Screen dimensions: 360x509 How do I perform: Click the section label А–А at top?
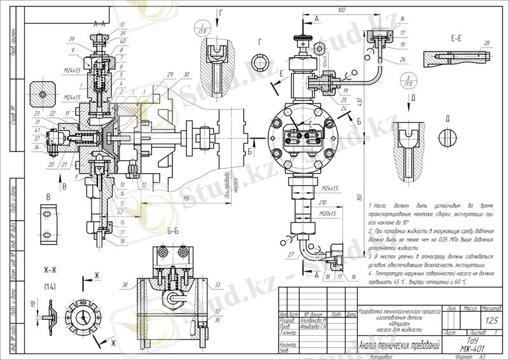point(99,23)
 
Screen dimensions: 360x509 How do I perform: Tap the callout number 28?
point(487,43)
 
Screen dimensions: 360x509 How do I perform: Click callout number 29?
point(170,74)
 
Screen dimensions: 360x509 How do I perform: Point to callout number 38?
point(125,285)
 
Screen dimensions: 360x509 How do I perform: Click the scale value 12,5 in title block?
point(473,320)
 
